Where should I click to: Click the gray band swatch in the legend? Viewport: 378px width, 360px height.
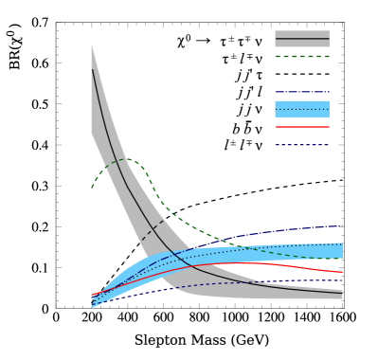click(x=301, y=39)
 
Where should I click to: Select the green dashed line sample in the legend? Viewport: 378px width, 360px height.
click(x=301, y=57)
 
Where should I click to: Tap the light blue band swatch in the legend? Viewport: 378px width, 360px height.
click(x=301, y=109)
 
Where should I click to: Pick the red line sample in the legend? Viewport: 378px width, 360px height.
click(x=301, y=127)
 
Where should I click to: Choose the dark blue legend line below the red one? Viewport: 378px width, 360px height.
click(x=301, y=145)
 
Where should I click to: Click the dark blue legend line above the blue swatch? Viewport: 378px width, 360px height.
click(x=301, y=92)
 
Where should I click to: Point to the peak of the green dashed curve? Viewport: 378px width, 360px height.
click(x=128, y=160)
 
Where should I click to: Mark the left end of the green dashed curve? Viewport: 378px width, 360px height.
click(x=92, y=188)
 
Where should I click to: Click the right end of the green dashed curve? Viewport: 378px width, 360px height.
click(x=342, y=258)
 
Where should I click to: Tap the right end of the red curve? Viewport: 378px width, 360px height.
click(x=342, y=272)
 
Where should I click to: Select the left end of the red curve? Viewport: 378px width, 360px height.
click(x=92, y=296)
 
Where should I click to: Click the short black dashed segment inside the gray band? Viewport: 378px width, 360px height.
click(x=153, y=230)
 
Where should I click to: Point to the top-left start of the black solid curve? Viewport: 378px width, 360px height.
click(x=92, y=69)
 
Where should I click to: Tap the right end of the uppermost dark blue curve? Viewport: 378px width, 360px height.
click(x=342, y=225)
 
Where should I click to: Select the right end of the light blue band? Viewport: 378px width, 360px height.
click(x=342, y=250)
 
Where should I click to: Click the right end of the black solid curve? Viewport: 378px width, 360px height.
click(x=341, y=293)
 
